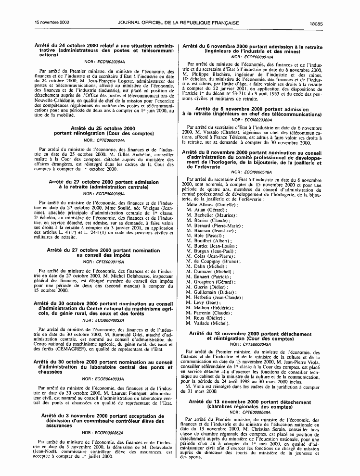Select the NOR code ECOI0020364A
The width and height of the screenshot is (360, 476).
[108, 62]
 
